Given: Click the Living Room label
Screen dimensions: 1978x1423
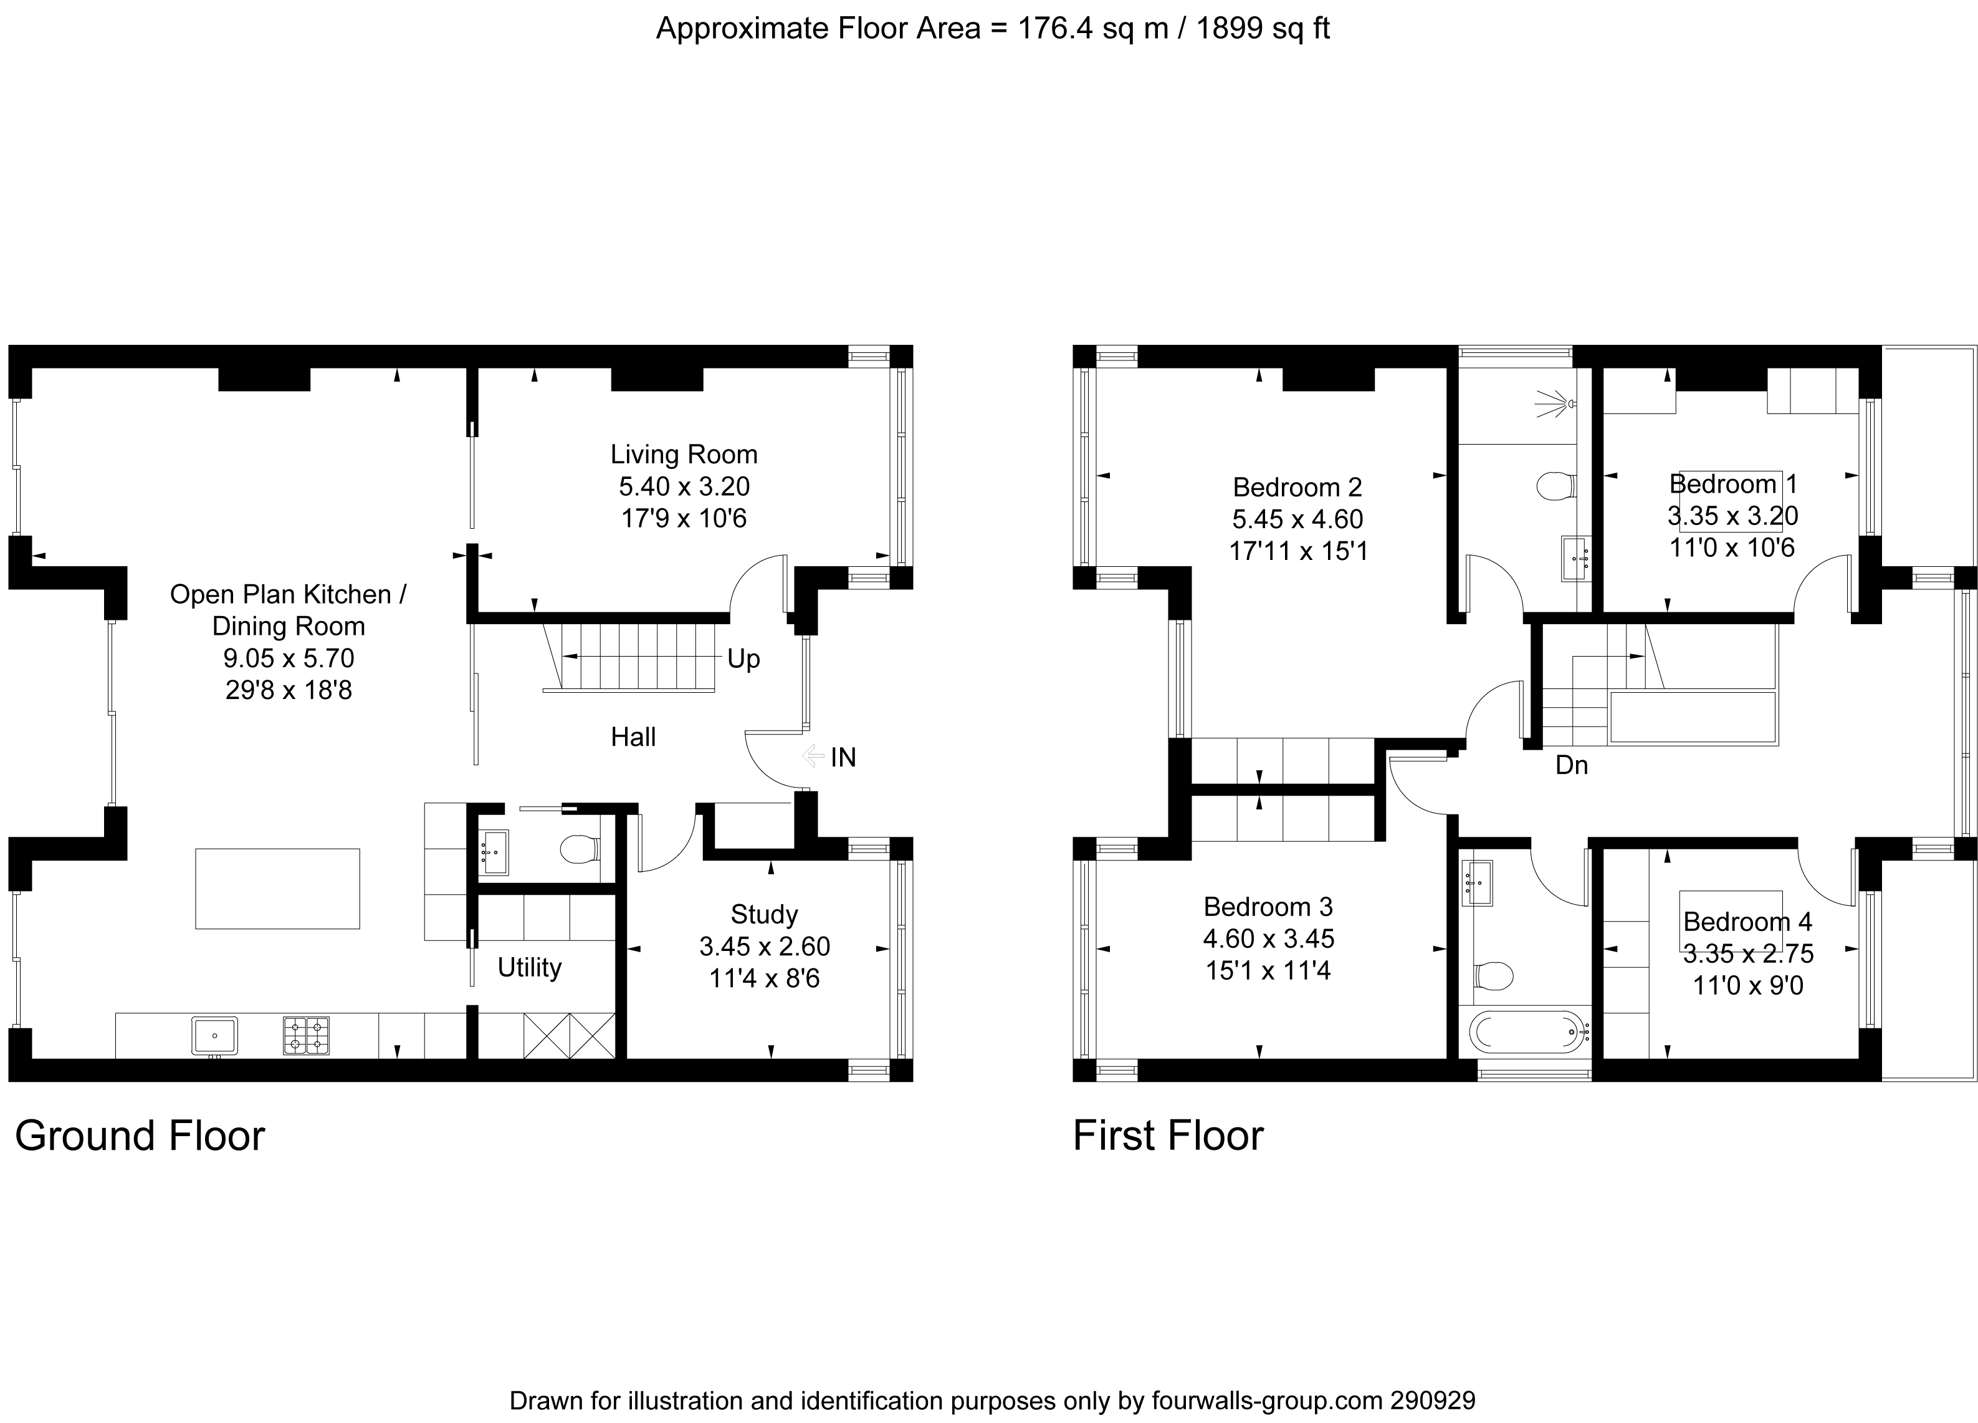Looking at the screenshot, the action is pos(684,455).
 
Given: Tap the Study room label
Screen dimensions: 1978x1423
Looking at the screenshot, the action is pos(764,914).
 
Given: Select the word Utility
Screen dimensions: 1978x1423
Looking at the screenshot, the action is pos(529,968).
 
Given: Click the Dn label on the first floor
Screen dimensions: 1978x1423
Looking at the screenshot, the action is pos(1572,765).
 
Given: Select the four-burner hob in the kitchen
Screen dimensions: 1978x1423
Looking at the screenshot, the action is pos(306,1036).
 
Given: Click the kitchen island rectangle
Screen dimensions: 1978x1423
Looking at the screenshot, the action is pos(277,888).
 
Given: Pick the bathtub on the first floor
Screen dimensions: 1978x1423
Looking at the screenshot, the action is pos(1526,1032).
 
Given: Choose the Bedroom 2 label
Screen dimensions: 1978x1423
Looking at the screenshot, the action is pos(1297,487).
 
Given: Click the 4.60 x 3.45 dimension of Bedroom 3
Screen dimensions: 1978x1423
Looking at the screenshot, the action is pos(1269,938).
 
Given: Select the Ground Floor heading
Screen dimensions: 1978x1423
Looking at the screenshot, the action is pos(140,1136).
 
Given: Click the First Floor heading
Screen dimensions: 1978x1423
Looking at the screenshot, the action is pos(1168,1136).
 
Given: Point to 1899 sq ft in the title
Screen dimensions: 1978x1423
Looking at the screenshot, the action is pos(1263,29).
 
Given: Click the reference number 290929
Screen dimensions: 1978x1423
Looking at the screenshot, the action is pos(1433,1401).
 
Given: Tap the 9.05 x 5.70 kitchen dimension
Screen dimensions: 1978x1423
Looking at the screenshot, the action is pos(289,658).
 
